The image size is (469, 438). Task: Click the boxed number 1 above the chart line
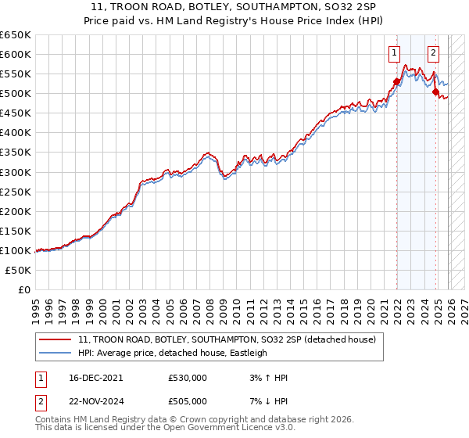click(395, 54)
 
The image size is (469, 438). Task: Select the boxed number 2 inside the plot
click(433, 54)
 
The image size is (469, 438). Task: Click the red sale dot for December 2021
click(396, 81)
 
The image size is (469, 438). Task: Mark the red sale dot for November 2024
click(435, 92)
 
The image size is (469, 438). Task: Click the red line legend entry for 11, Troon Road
click(227, 339)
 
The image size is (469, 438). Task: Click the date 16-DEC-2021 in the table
click(91, 377)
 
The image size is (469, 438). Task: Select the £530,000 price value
click(188, 377)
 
